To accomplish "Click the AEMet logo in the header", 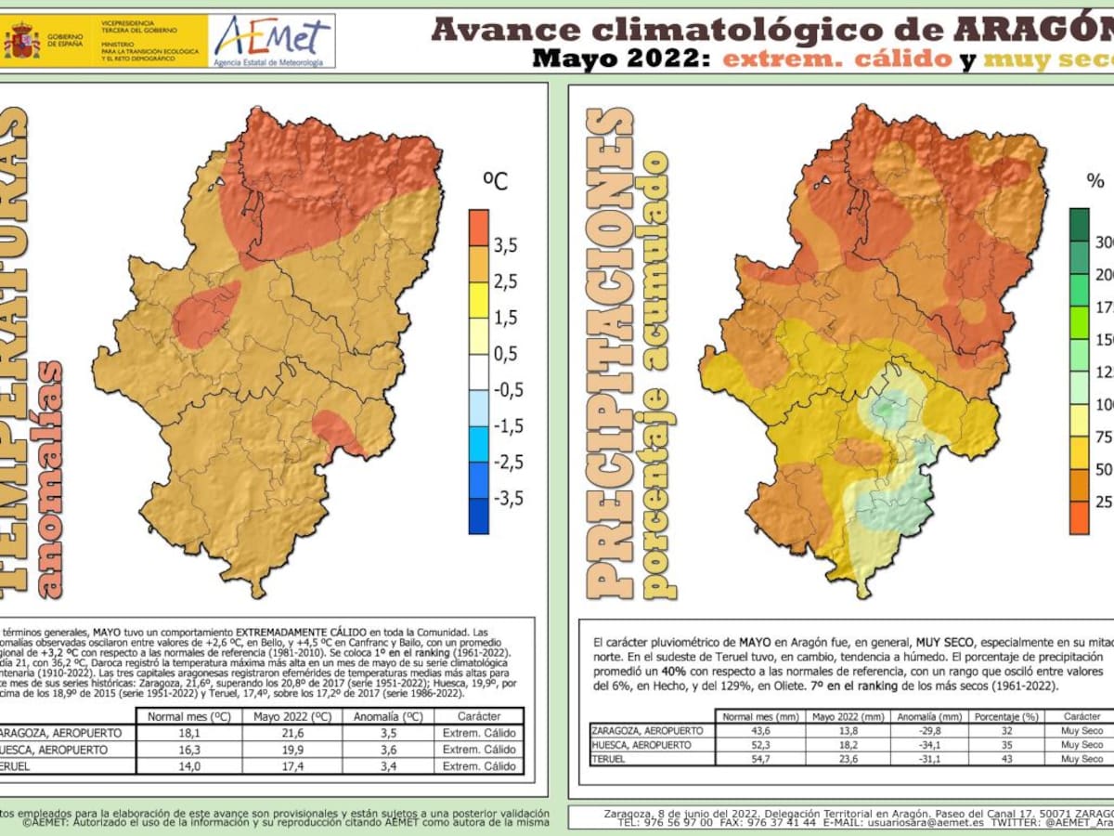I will click(x=272, y=40).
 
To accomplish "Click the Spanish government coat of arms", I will click(x=21, y=41).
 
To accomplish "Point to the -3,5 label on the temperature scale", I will click(x=507, y=498).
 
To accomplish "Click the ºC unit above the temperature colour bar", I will click(x=497, y=180).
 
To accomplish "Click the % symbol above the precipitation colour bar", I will click(x=1095, y=180).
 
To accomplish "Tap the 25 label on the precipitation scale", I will click(x=1104, y=503).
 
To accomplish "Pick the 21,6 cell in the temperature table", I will click(x=291, y=733).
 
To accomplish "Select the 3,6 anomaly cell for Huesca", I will click(x=388, y=750).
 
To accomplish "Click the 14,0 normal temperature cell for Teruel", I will click(x=188, y=766).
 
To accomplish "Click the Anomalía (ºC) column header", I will click(x=388, y=716).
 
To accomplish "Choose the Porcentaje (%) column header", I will click(x=1006, y=717).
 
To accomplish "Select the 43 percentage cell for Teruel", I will click(x=1006, y=759).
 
